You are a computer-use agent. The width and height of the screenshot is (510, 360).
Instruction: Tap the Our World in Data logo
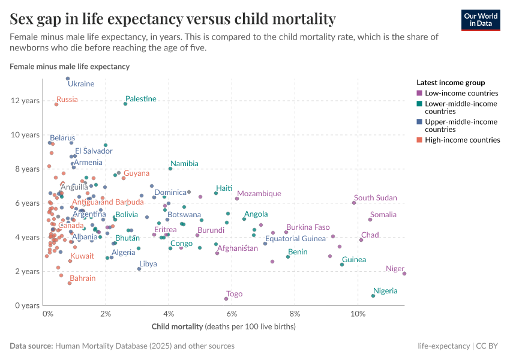click(481, 19)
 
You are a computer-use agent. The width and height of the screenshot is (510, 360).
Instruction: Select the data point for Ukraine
click(68, 79)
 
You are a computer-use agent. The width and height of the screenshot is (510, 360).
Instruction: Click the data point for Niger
click(404, 274)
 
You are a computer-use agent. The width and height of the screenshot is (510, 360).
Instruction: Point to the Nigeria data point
click(373, 296)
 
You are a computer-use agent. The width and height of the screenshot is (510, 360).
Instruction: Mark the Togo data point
click(226, 299)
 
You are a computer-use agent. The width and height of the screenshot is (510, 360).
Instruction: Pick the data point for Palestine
click(125, 104)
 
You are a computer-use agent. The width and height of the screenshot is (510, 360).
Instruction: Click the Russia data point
click(56, 104)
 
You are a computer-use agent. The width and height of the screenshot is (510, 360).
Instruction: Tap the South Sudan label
click(375, 197)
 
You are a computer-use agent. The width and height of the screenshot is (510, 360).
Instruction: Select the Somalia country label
click(383, 214)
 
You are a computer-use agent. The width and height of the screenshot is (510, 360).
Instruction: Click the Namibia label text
click(184, 163)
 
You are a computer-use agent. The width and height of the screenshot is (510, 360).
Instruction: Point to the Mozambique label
click(259, 193)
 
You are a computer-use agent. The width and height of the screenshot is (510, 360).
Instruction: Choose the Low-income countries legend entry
click(461, 93)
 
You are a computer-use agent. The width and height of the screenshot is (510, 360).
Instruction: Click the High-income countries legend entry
click(462, 140)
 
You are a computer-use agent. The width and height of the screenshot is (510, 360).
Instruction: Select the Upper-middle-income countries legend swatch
click(419, 122)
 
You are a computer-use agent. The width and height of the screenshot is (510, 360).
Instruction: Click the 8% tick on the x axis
click(295, 314)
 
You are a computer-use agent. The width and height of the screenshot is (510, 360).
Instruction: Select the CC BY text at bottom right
click(490, 346)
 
